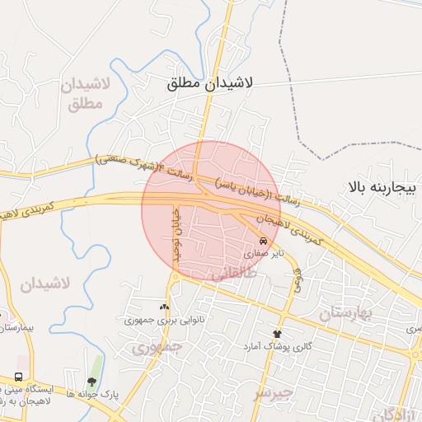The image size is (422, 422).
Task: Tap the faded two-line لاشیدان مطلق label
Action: click(82, 95)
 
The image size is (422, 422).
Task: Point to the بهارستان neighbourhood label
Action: click(345, 314)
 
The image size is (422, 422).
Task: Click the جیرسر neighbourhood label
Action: click(273, 392)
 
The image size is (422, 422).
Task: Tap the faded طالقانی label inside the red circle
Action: click(234, 274)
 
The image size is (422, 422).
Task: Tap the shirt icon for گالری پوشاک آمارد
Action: click(277, 334)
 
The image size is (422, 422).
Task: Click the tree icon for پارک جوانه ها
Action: click(91, 382)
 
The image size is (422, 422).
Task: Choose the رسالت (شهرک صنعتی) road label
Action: click(143, 164)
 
